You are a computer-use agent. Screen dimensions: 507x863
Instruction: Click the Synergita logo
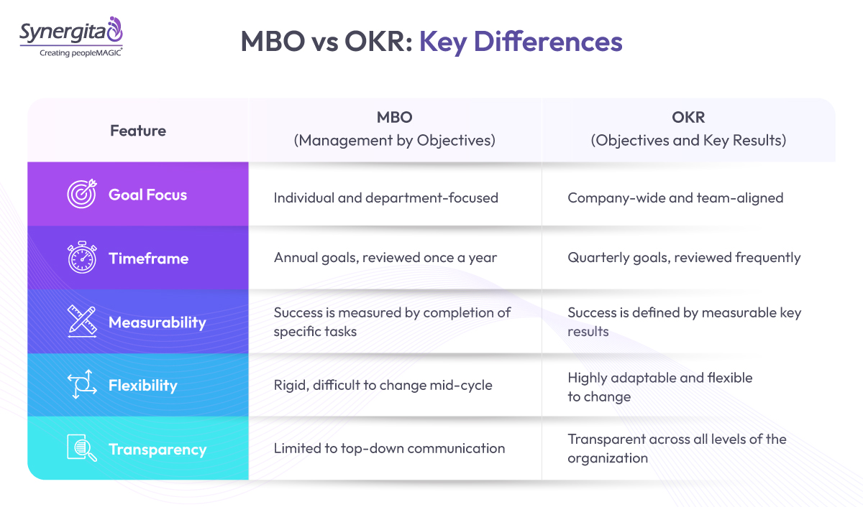coord(71,32)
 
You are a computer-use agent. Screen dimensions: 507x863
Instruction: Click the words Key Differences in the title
coord(521,42)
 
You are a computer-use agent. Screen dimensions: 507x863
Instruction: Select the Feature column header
coord(138,131)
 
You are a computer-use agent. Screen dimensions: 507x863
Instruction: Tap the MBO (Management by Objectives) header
coord(394,130)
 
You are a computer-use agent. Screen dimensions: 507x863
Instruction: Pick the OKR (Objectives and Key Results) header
coord(688,130)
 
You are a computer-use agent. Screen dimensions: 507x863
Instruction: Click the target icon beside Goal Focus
coord(81,194)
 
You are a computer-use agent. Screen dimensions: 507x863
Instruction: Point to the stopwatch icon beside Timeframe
coord(81,258)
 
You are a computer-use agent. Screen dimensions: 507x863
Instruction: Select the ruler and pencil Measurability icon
coord(81,322)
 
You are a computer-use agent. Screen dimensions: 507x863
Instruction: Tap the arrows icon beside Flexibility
coord(81,386)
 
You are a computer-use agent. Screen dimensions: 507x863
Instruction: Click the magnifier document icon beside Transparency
coord(81,449)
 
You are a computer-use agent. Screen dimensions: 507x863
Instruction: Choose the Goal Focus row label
coord(147,195)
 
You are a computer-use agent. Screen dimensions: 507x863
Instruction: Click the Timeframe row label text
coord(148,259)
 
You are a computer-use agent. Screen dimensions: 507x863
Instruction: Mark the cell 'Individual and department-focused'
coord(385,197)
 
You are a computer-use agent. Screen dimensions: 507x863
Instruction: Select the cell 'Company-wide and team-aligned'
coord(675,197)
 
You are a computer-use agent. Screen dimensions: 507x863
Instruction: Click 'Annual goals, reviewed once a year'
coord(385,257)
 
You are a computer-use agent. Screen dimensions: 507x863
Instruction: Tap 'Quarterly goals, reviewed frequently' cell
coord(684,257)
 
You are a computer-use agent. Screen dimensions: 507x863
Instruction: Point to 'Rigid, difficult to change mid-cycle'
coord(383,385)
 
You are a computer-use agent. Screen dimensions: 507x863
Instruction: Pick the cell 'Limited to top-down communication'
coord(389,448)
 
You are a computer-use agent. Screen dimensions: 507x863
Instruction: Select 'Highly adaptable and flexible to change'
coord(659,387)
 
